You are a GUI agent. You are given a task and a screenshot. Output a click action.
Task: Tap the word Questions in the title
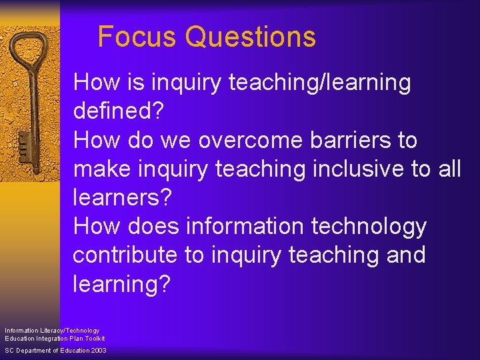pos(251,37)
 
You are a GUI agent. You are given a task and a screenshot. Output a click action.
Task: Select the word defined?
pos(119,111)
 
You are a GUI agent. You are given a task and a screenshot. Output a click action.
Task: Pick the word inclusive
pos(355,169)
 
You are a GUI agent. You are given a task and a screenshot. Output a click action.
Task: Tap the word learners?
pos(123,198)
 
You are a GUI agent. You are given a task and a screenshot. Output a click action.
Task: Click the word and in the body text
pos(404,255)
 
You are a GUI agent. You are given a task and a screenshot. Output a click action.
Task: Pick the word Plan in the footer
pos(74,339)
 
